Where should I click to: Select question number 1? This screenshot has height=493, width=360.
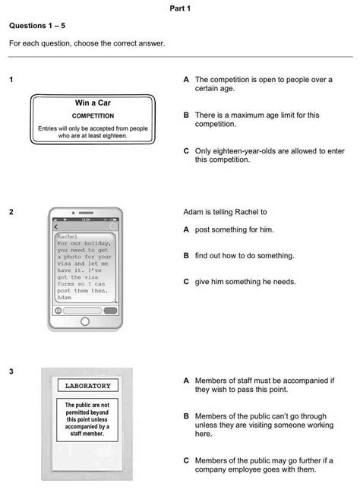(x=11, y=79)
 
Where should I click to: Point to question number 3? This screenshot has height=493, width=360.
(x=11, y=371)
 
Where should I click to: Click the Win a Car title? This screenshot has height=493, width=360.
(x=93, y=103)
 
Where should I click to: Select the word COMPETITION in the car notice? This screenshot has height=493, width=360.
(x=93, y=116)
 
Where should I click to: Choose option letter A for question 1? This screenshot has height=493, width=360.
(x=186, y=79)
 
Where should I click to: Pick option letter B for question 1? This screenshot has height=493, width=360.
(x=186, y=115)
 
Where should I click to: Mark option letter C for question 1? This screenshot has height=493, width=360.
(x=186, y=151)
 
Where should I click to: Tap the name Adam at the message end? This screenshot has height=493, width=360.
(x=66, y=298)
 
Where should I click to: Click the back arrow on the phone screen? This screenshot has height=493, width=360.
(x=55, y=227)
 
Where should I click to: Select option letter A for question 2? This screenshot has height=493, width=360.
(x=186, y=229)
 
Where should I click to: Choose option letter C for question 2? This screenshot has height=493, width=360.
(x=186, y=281)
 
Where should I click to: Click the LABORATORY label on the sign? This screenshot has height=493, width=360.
(x=87, y=386)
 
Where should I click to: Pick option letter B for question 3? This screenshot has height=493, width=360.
(x=186, y=416)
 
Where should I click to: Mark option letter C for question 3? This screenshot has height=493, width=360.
(x=186, y=460)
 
